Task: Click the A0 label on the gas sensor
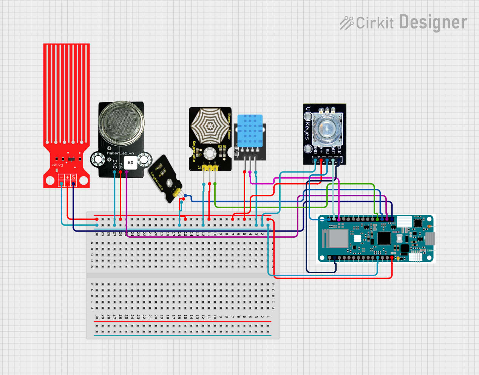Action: (x=130, y=163)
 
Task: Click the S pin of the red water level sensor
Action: (x=74, y=177)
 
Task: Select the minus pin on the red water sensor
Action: (x=61, y=177)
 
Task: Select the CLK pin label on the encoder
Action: (x=339, y=149)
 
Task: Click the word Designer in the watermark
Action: (x=433, y=23)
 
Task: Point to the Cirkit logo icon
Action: (x=346, y=23)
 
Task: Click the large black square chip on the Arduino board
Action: (x=384, y=238)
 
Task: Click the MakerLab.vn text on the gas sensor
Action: (x=121, y=153)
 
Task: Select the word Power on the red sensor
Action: (x=57, y=165)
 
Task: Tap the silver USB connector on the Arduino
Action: (x=430, y=238)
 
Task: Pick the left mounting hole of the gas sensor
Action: (x=98, y=159)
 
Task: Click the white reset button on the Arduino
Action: (x=399, y=239)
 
